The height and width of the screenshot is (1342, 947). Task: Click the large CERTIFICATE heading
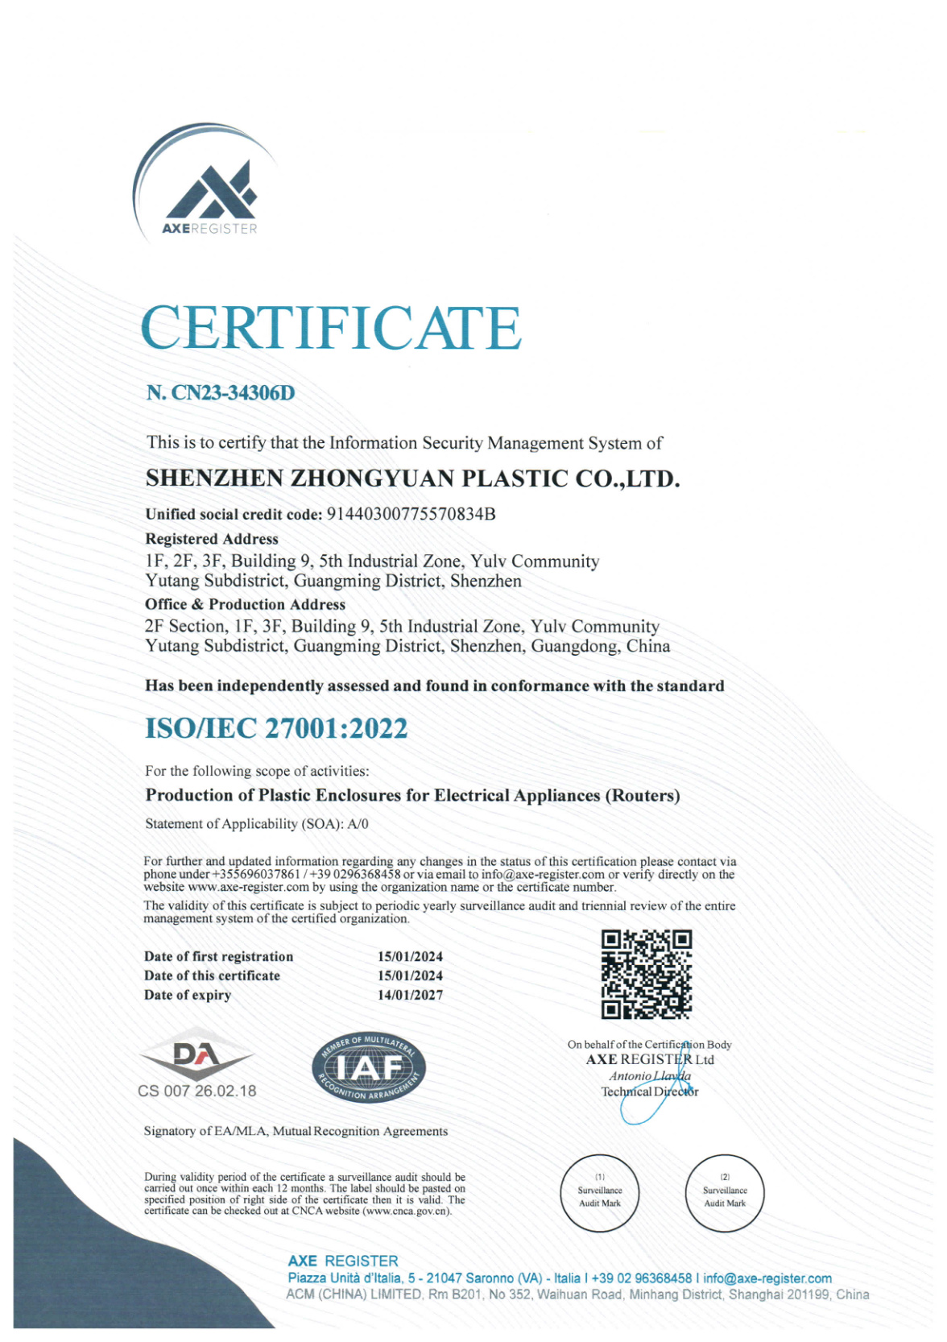click(330, 328)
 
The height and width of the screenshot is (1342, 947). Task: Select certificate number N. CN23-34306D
click(221, 393)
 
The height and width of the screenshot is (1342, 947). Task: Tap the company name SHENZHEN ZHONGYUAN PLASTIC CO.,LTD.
click(412, 478)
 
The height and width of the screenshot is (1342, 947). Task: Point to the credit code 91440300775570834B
click(411, 514)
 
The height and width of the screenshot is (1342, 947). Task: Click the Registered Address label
click(212, 539)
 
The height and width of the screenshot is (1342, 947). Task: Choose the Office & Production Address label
click(245, 604)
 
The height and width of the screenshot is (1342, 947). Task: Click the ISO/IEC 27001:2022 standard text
click(276, 728)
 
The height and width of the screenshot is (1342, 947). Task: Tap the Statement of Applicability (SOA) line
click(257, 824)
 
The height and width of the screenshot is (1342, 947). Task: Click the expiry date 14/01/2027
click(410, 995)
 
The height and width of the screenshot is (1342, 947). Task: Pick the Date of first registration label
click(218, 957)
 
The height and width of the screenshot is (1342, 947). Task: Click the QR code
click(646, 974)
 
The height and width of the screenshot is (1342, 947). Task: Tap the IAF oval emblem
click(369, 1068)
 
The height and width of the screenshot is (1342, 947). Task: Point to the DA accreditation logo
click(195, 1054)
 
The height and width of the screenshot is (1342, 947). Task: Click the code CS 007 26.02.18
click(197, 1091)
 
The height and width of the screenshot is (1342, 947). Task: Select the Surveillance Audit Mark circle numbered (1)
click(600, 1193)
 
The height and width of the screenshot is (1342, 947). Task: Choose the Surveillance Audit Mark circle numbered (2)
click(725, 1193)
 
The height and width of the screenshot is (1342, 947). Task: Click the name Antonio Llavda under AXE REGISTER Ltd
click(650, 1076)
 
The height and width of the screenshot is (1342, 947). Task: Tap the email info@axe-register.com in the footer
click(767, 1278)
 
